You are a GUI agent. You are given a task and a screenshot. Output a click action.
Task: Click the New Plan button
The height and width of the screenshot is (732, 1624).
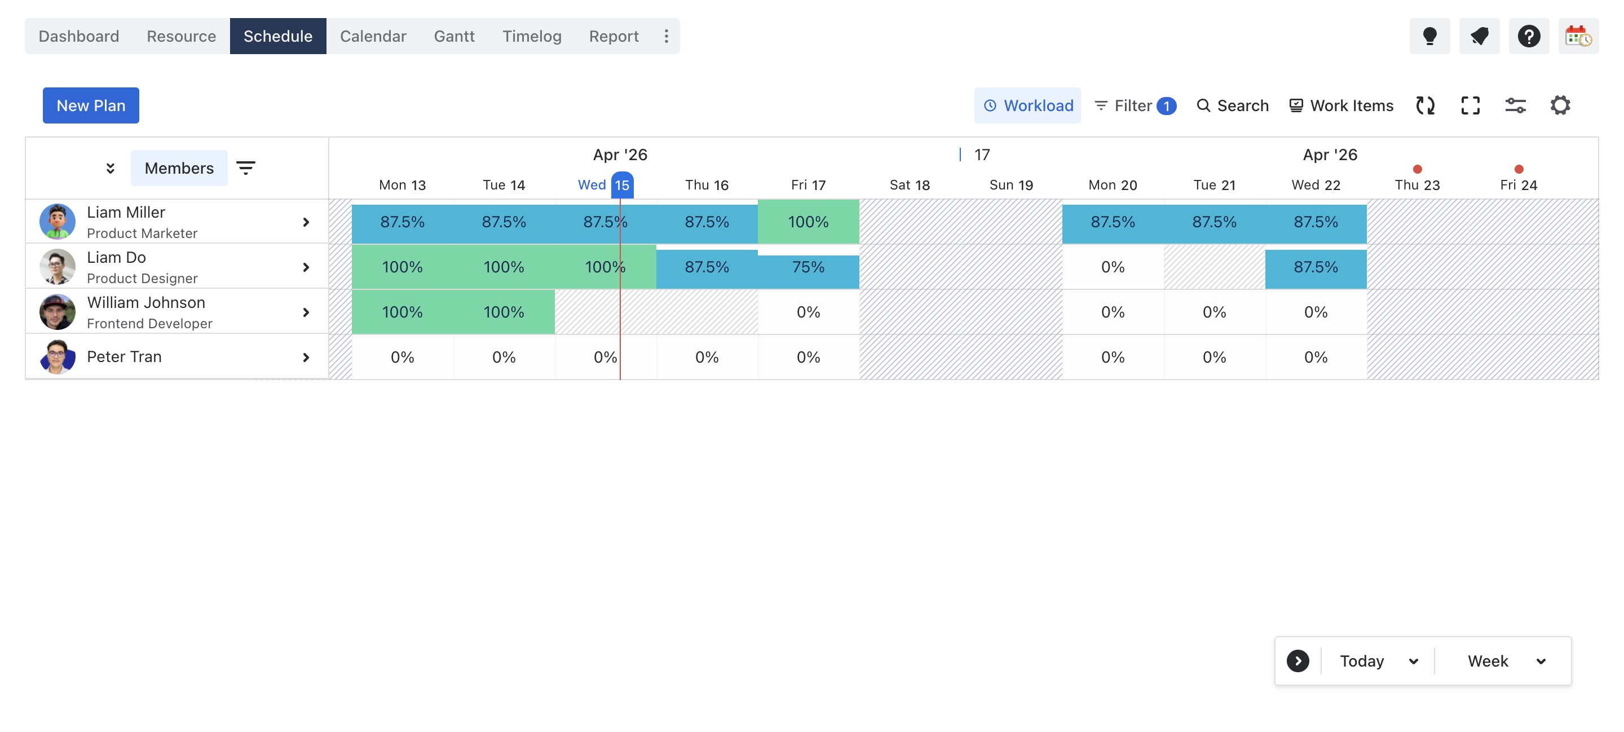coord(91,105)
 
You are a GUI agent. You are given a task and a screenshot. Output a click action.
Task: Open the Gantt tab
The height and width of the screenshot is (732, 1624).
coord(454,36)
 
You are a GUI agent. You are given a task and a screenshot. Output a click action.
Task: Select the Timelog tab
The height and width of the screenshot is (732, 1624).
coord(531,36)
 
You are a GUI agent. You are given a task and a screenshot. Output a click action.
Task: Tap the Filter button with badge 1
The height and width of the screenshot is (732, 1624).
coord(1135,105)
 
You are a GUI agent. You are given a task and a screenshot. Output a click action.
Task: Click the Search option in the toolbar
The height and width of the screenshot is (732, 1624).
coord(1233,105)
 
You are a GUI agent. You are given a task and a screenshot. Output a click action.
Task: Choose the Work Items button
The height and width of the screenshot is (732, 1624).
coord(1341,105)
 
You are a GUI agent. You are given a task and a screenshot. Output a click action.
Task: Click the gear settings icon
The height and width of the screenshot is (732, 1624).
coord(1560,105)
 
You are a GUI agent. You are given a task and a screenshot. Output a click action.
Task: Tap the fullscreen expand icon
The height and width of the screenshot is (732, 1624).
coord(1470,105)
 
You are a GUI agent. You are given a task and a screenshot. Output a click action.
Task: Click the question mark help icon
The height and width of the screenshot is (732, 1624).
coord(1528,36)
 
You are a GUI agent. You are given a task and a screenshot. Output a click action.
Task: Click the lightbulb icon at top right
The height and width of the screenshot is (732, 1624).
coord(1429,36)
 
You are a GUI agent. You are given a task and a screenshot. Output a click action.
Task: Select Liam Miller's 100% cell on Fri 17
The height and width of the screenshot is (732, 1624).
coord(808,222)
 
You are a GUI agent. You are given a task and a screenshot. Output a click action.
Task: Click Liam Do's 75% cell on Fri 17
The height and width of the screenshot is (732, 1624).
coord(808,267)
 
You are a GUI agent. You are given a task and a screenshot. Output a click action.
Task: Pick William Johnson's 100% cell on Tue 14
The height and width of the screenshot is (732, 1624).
coord(504,312)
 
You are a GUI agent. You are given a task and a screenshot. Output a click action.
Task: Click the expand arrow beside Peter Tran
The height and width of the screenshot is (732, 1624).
coord(306,358)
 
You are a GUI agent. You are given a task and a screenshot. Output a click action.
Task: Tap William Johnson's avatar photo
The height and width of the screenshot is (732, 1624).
coord(58,312)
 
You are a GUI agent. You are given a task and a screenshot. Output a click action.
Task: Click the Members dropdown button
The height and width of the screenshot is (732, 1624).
coord(179,167)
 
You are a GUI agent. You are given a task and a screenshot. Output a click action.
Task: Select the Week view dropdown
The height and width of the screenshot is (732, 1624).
coord(1505,661)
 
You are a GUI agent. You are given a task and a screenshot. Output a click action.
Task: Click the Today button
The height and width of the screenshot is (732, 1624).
coord(1362,661)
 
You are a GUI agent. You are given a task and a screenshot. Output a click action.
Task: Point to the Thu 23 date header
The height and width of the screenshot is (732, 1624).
coord(1416,185)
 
